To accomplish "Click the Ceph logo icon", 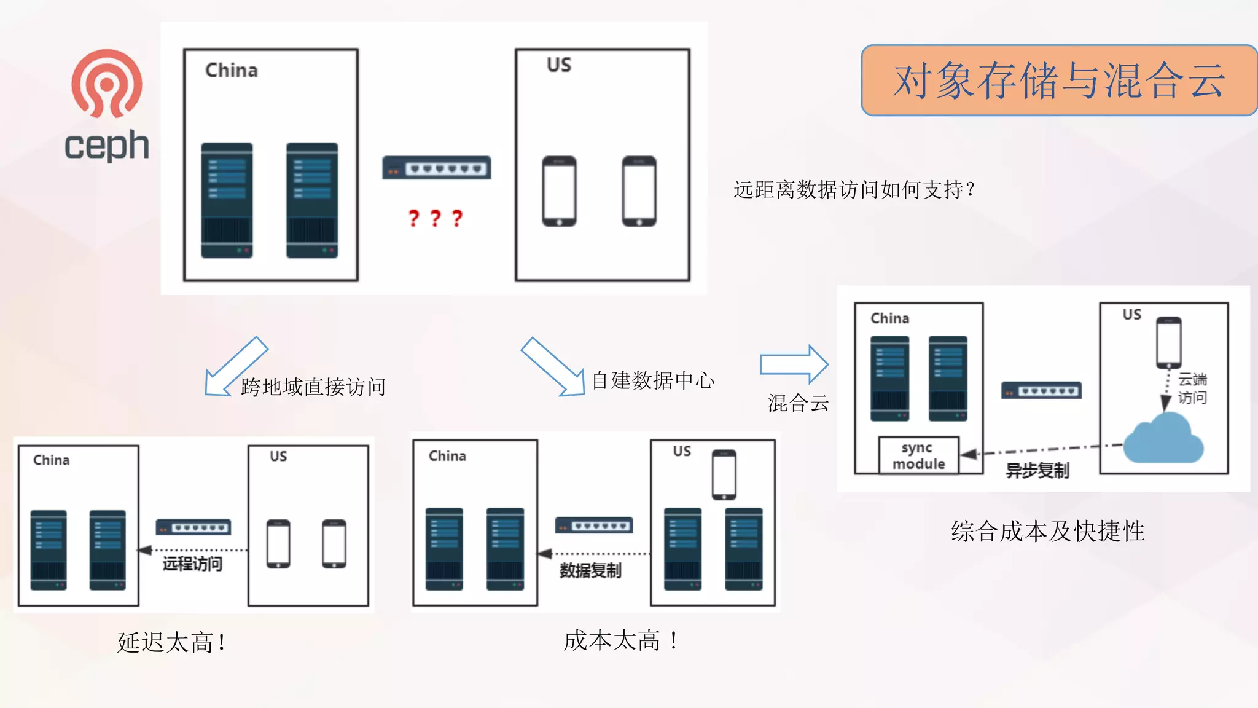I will pyautogui.click(x=106, y=84).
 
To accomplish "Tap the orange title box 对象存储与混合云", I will pyautogui.click(x=1058, y=81).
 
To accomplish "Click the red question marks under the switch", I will pyautogui.click(x=436, y=218).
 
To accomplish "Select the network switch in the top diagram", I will pyautogui.click(x=436, y=168).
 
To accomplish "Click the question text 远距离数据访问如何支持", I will pyautogui.click(x=854, y=190).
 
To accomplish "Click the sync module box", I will pyautogui.click(x=918, y=455).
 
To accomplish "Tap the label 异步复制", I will pyautogui.click(x=1037, y=471).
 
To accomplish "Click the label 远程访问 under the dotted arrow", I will pyautogui.click(x=192, y=564).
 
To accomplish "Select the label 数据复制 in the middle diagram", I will pyautogui.click(x=590, y=571).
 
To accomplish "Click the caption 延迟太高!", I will pyautogui.click(x=171, y=643).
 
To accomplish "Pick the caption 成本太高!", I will pyautogui.click(x=620, y=641).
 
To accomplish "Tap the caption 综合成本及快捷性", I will pyautogui.click(x=1047, y=532).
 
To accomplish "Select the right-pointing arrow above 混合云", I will pyautogui.click(x=794, y=364).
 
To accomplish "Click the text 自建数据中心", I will pyautogui.click(x=652, y=381).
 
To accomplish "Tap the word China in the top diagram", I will pyautogui.click(x=231, y=71).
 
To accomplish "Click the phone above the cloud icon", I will pyautogui.click(x=1168, y=342).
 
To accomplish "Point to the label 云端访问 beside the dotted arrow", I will pyautogui.click(x=1192, y=388).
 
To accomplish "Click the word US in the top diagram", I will pyautogui.click(x=558, y=65).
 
